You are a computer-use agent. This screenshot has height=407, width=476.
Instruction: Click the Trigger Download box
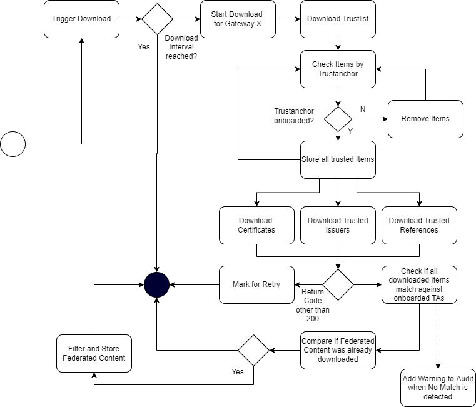pyautogui.click(x=81, y=19)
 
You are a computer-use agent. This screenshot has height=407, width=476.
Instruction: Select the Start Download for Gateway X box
pyautogui.click(x=238, y=19)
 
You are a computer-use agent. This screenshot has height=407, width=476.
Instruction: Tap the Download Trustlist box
pyautogui.click(x=338, y=19)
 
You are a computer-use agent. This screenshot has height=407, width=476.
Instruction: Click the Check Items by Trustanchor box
pyautogui.click(x=338, y=69)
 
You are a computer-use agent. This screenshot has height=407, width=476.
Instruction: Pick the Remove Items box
pyautogui.click(x=425, y=119)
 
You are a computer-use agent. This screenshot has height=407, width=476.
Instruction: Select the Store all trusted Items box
pyautogui.click(x=338, y=159)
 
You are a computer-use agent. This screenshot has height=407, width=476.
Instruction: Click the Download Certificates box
pyautogui.click(x=256, y=225)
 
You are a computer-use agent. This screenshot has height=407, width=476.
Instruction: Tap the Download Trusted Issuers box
pyautogui.click(x=338, y=225)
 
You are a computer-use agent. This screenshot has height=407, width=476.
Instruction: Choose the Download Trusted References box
pyautogui.click(x=419, y=225)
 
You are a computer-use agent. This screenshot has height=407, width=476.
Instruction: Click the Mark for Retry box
pyautogui.click(x=256, y=284)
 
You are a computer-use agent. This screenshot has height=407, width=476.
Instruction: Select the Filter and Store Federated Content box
pyautogui.click(x=94, y=353)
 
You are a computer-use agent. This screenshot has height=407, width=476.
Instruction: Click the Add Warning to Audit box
pyautogui.click(x=438, y=388)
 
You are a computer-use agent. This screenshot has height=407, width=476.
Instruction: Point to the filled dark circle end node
pyautogui.click(x=156, y=285)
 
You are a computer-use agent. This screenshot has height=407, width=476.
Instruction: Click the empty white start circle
pyautogui.click(x=13, y=144)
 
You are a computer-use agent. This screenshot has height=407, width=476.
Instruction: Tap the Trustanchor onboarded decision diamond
pyautogui.click(x=338, y=119)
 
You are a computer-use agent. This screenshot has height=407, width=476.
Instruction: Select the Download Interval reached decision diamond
pyautogui.click(x=157, y=19)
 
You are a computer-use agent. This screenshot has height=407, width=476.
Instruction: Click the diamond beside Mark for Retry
pyautogui.click(x=338, y=284)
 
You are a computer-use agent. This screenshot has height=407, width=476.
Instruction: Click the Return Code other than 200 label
pyautogui.click(x=313, y=305)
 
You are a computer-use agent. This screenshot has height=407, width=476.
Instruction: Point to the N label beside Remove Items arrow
pyautogui.click(x=363, y=109)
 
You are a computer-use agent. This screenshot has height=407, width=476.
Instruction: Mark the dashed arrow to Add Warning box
pyautogui.click(x=438, y=338)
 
